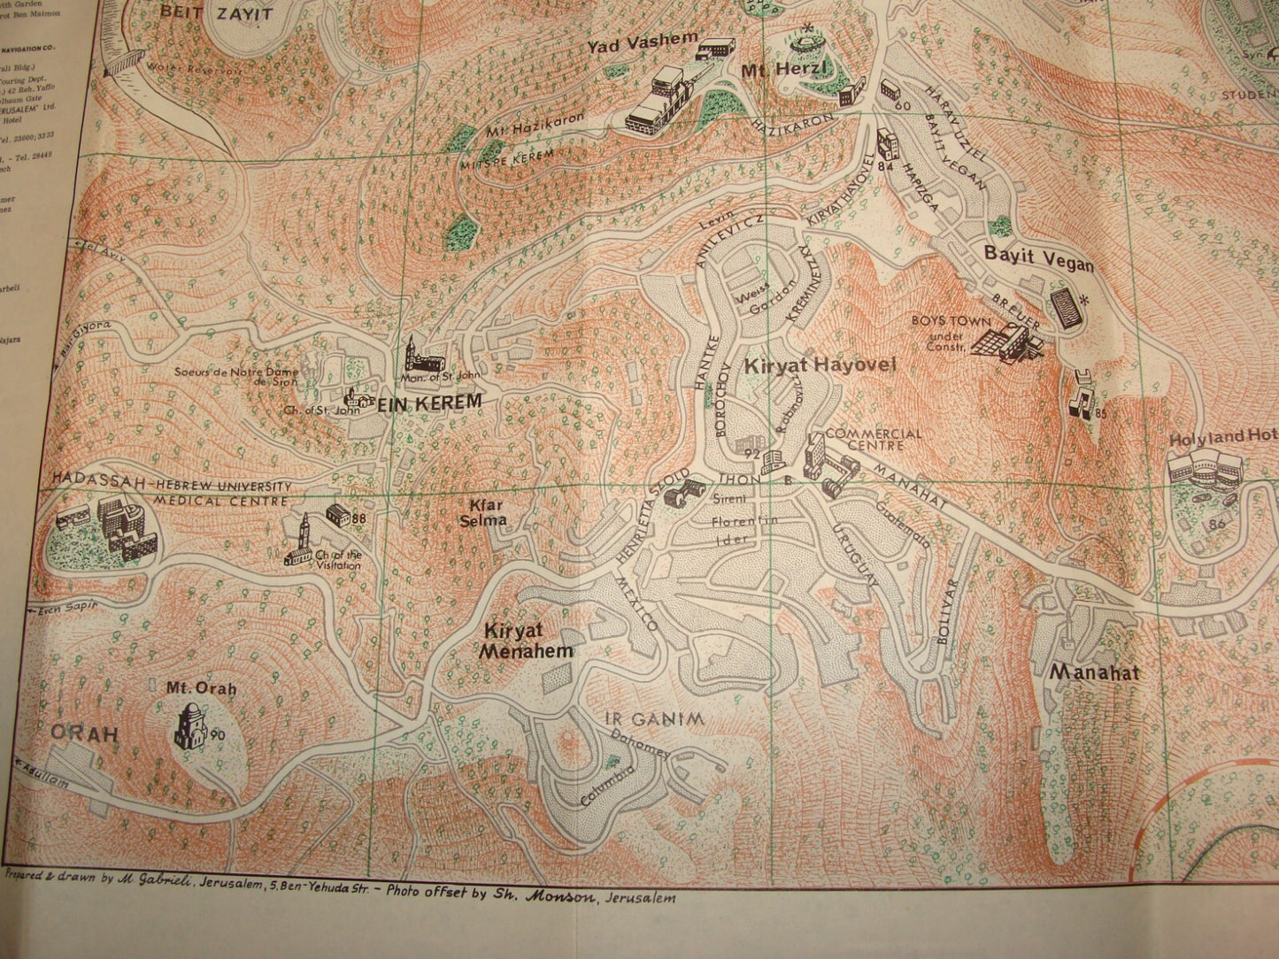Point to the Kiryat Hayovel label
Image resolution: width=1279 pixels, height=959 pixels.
(820, 364)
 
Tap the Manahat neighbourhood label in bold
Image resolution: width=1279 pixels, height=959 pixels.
(1093, 672)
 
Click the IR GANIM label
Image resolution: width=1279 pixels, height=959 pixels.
(655, 719)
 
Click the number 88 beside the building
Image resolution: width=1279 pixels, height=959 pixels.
(358, 518)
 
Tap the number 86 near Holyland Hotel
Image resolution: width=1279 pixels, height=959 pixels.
(1217, 524)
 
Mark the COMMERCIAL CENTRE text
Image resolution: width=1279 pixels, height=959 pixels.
(873, 440)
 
